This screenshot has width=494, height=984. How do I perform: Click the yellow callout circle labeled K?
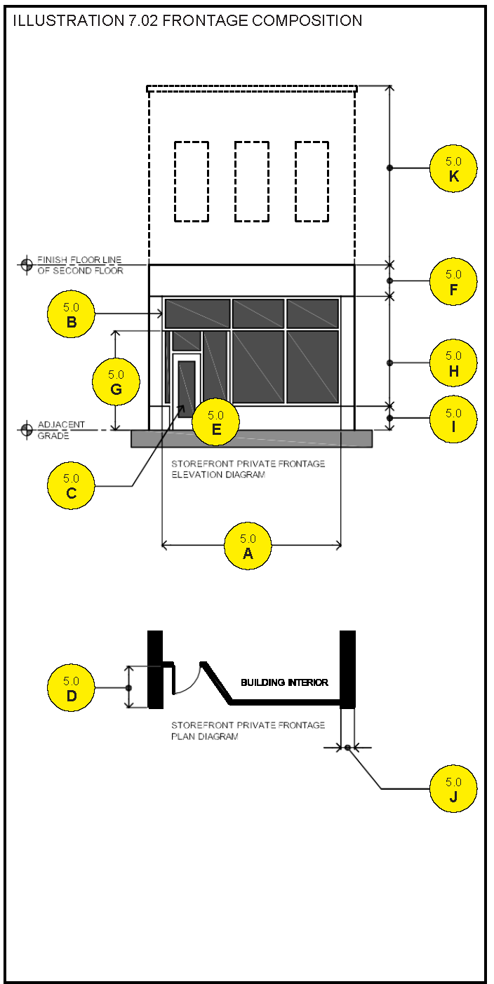[x=453, y=169]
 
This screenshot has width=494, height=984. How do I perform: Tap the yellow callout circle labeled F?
[x=453, y=282]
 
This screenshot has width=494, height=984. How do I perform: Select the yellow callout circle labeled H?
[x=453, y=363]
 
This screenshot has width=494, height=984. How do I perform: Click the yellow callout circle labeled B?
[x=71, y=314]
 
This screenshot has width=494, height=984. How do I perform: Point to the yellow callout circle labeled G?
[x=116, y=382]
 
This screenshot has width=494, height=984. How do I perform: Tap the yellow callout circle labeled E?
[x=215, y=422]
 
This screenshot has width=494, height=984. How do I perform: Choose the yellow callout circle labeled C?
[x=71, y=485]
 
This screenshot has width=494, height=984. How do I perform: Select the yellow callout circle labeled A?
[x=248, y=545]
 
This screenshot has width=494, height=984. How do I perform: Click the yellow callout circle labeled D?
[x=71, y=688]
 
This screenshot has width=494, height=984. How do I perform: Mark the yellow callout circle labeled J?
[x=453, y=789]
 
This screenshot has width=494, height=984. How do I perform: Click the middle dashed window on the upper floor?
[x=252, y=182]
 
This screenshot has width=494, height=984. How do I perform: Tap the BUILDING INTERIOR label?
[x=284, y=682]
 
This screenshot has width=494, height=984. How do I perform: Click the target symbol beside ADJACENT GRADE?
[x=27, y=429]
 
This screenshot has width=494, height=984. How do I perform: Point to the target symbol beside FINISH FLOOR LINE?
[x=27, y=264]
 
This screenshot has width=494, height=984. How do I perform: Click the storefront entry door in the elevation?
[x=187, y=388]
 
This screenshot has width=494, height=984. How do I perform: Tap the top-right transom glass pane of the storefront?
[x=312, y=314]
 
